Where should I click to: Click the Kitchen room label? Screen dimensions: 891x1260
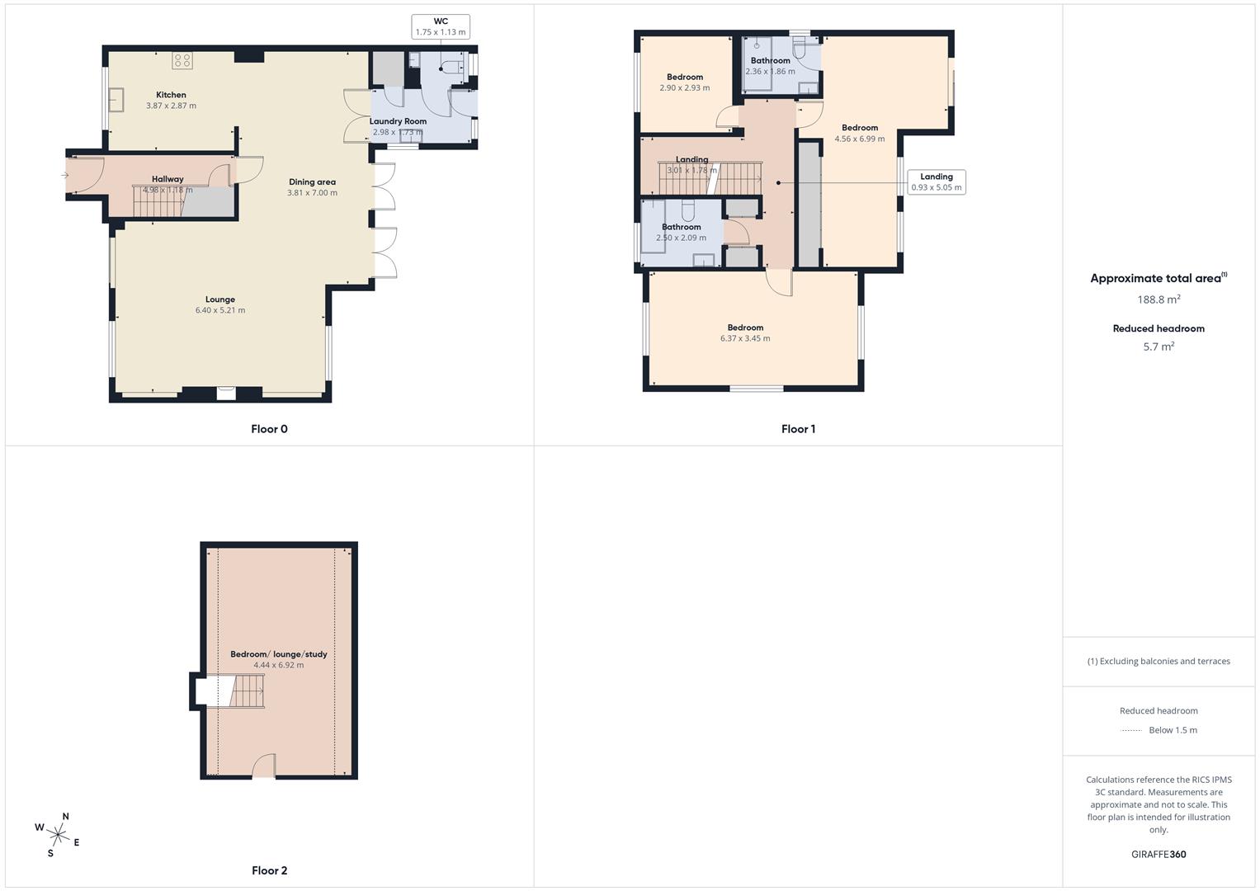pyautogui.click(x=171, y=95)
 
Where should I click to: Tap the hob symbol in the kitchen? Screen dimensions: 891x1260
pyautogui.click(x=182, y=60)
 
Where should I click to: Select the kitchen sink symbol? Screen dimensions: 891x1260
pyautogui.click(x=116, y=100)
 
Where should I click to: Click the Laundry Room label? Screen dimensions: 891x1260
pyautogui.click(x=398, y=121)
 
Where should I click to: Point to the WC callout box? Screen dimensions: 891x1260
pyautogui.click(x=441, y=26)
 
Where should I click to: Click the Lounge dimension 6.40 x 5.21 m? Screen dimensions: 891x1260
pyautogui.click(x=220, y=310)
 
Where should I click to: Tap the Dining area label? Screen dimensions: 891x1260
pyautogui.click(x=312, y=182)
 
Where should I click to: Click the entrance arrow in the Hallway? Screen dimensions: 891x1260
pyautogui.click(x=65, y=175)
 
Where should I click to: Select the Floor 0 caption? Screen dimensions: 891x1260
pyautogui.click(x=269, y=429)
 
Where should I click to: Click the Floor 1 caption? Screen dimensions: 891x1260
pyautogui.click(x=798, y=429)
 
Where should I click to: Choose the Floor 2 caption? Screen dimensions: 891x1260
pyautogui.click(x=269, y=870)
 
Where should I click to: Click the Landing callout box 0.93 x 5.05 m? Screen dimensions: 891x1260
pyautogui.click(x=936, y=181)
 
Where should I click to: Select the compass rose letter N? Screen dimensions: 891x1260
pyautogui.click(x=66, y=817)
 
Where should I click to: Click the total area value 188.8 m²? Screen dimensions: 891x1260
pyautogui.click(x=1159, y=299)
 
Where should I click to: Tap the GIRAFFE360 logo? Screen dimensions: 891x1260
pyautogui.click(x=1159, y=855)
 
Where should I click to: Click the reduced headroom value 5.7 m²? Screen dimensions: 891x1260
pyautogui.click(x=1159, y=347)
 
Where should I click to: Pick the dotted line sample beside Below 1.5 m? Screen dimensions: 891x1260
pyautogui.click(x=1131, y=730)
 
